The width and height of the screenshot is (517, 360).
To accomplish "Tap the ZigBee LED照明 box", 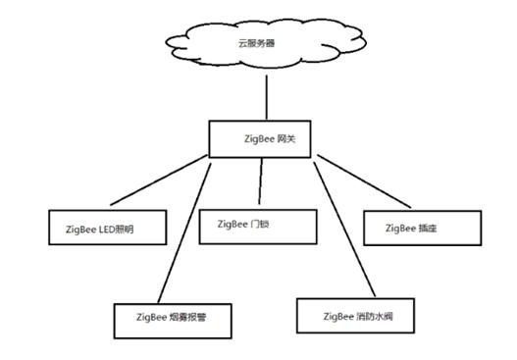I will tap(107, 229).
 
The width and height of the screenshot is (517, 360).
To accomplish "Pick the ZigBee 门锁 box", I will tap(258, 225).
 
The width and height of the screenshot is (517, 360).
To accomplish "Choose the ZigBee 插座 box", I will tap(423, 228).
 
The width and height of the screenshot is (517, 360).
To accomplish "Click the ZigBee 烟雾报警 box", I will tap(173, 317).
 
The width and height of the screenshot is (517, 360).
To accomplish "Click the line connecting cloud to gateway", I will tap(266, 98).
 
